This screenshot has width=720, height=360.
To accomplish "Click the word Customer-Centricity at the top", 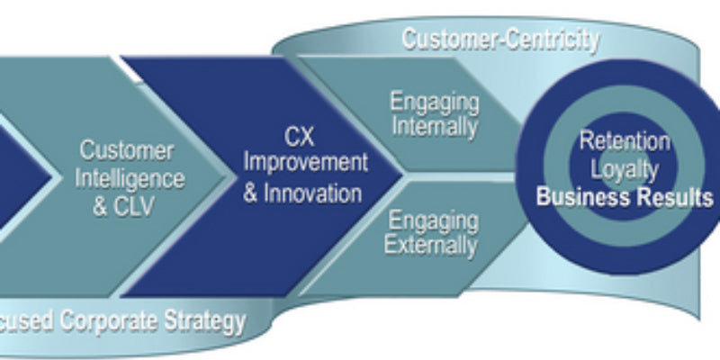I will coord(499,39).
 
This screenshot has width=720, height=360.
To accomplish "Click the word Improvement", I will coord(306,165).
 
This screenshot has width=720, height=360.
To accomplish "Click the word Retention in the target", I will coord(625,141).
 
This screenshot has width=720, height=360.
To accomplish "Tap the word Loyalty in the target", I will coord(625,168).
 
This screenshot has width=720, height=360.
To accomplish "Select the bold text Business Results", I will coord(625,197).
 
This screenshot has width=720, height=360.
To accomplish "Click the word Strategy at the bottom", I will coord(209,321).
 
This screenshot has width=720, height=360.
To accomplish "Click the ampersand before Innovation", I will coord(252,192).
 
